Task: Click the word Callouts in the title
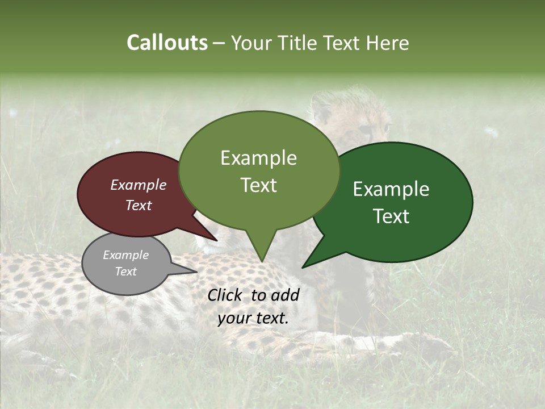pos(167,43)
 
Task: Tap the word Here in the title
pos(388,43)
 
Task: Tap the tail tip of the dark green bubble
pos(303,267)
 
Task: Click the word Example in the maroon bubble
pos(138,185)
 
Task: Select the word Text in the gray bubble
pos(125,272)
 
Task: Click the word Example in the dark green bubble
pos(391,189)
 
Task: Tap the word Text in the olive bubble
pos(259,185)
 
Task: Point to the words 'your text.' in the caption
pos(253,319)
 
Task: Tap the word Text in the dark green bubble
pos(391,216)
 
